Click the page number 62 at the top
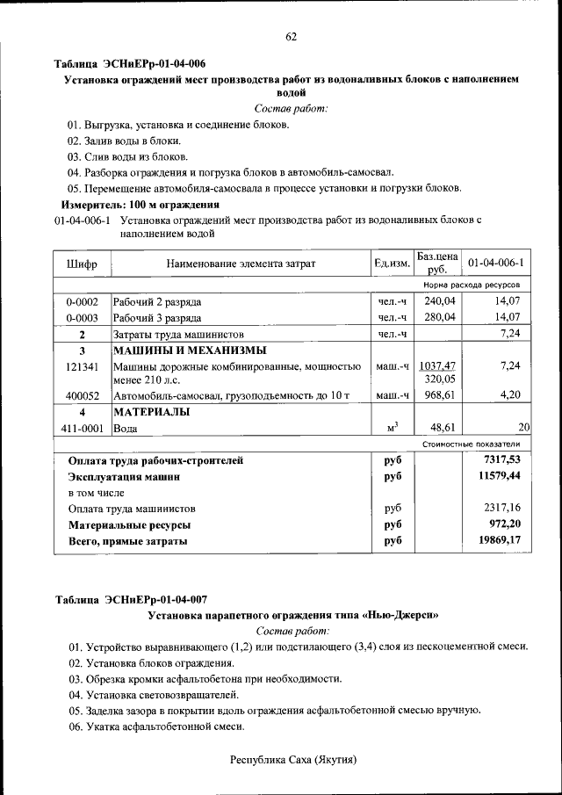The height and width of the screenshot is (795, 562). click(x=291, y=36)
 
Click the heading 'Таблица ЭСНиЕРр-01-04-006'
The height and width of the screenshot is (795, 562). click(x=130, y=64)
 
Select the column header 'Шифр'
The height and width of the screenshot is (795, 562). click(x=82, y=264)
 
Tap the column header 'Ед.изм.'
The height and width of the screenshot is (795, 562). click(x=392, y=264)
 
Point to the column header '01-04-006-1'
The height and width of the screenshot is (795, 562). click(x=496, y=264)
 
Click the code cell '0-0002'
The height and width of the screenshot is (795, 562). click(x=82, y=301)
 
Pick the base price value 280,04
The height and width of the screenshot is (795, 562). click(x=439, y=317)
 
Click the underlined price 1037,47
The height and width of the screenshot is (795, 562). click(x=437, y=365)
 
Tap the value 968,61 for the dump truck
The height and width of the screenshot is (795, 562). click(x=439, y=396)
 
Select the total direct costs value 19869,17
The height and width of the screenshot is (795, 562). click(x=500, y=541)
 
